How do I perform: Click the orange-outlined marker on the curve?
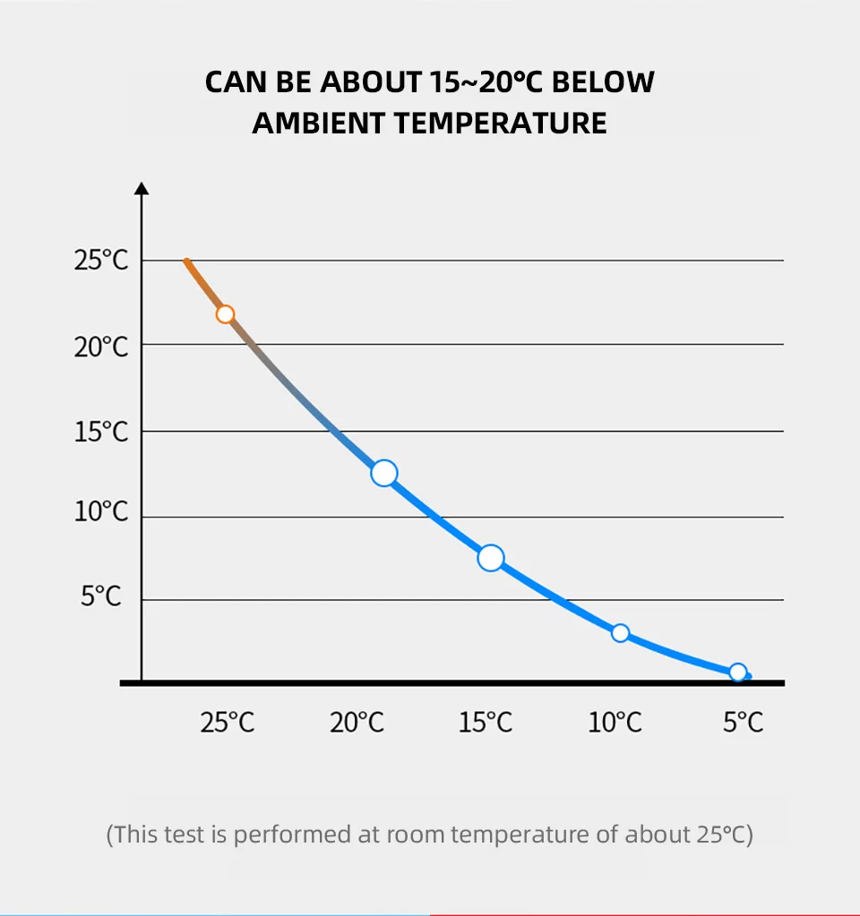point(225,314)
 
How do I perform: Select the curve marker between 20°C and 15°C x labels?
point(383,473)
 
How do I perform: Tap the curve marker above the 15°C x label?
point(491,559)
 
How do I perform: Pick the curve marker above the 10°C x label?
point(620,633)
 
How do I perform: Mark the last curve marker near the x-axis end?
point(737,672)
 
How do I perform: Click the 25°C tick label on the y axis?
point(101,261)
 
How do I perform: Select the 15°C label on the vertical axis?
point(101,432)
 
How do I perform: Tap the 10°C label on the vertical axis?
point(101,513)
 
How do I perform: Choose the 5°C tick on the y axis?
point(101,595)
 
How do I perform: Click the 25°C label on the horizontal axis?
point(228,722)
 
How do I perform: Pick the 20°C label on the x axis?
point(357,722)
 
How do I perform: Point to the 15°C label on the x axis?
point(486,722)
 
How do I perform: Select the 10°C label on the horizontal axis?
point(615,722)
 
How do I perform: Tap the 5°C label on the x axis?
point(743,722)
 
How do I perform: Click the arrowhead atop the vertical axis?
point(142,188)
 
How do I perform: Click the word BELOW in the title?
point(602,82)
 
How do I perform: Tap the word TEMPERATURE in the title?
point(501,123)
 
